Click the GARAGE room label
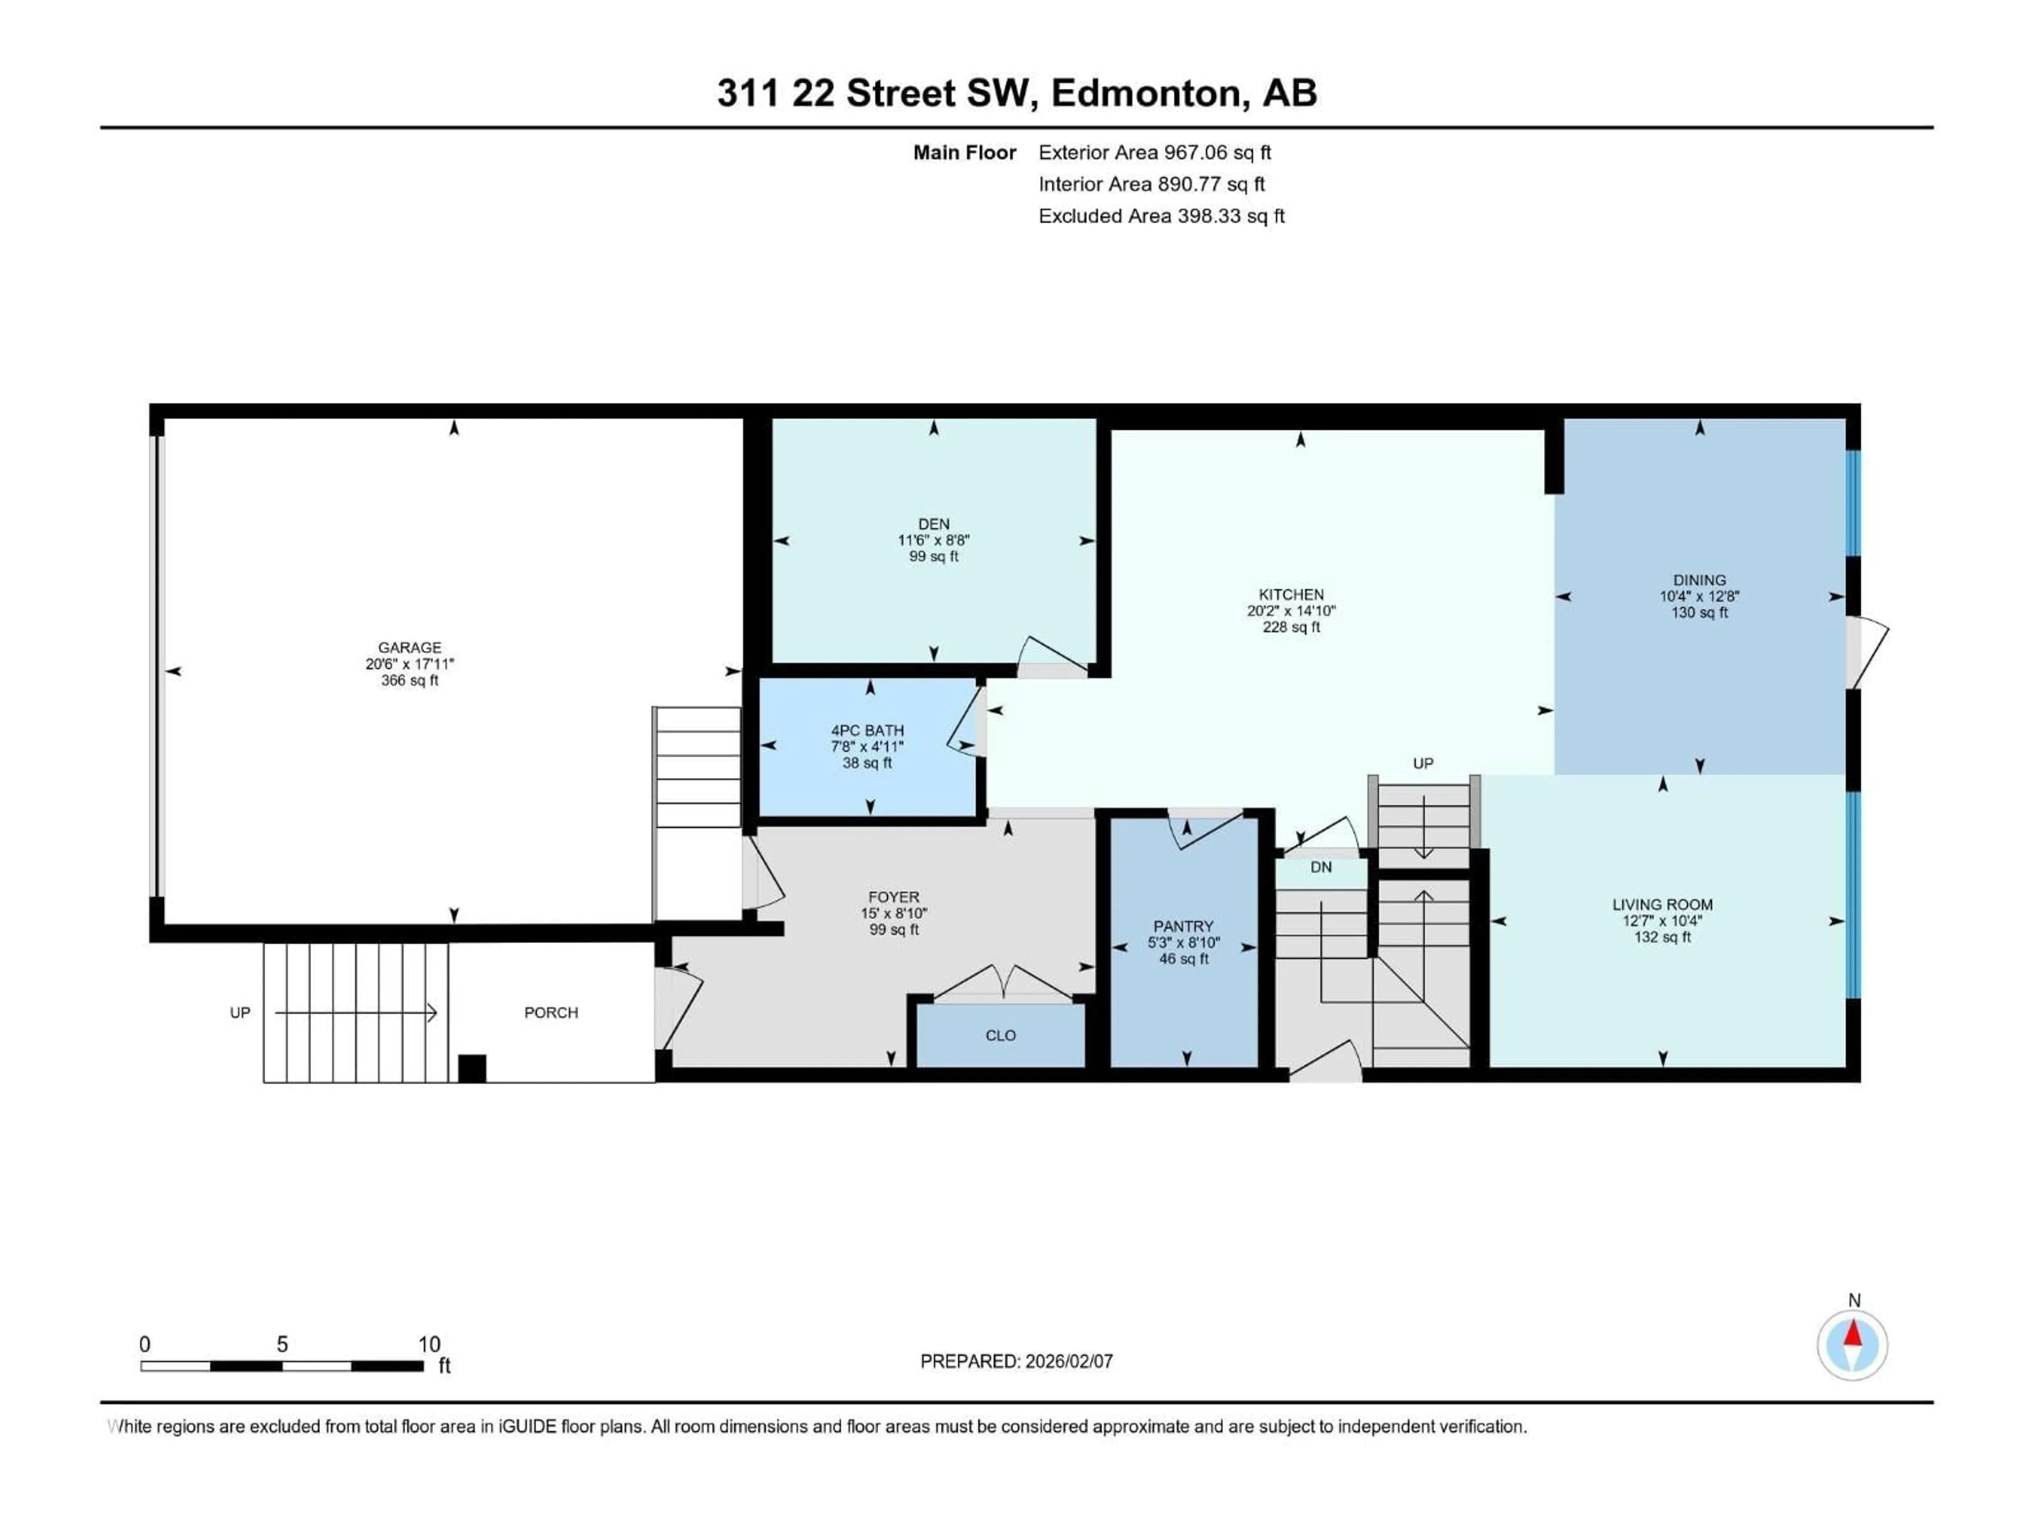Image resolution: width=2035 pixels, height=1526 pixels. click(x=410, y=647)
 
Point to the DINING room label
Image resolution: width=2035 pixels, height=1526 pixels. click(x=1698, y=580)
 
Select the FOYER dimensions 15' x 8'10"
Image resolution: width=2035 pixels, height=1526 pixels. click(x=893, y=913)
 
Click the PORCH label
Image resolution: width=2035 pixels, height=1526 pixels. click(x=551, y=1013)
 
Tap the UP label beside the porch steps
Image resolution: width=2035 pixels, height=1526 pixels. click(x=240, y=1013)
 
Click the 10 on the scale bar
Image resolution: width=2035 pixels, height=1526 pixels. click(x=429, y=1344)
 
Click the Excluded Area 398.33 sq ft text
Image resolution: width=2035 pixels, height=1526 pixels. click(x=1161, y=216)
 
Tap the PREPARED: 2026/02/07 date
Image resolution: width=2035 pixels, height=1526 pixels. click(x=1016, y=1361)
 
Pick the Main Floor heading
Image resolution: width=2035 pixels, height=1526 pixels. click(x=964, y=153)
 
